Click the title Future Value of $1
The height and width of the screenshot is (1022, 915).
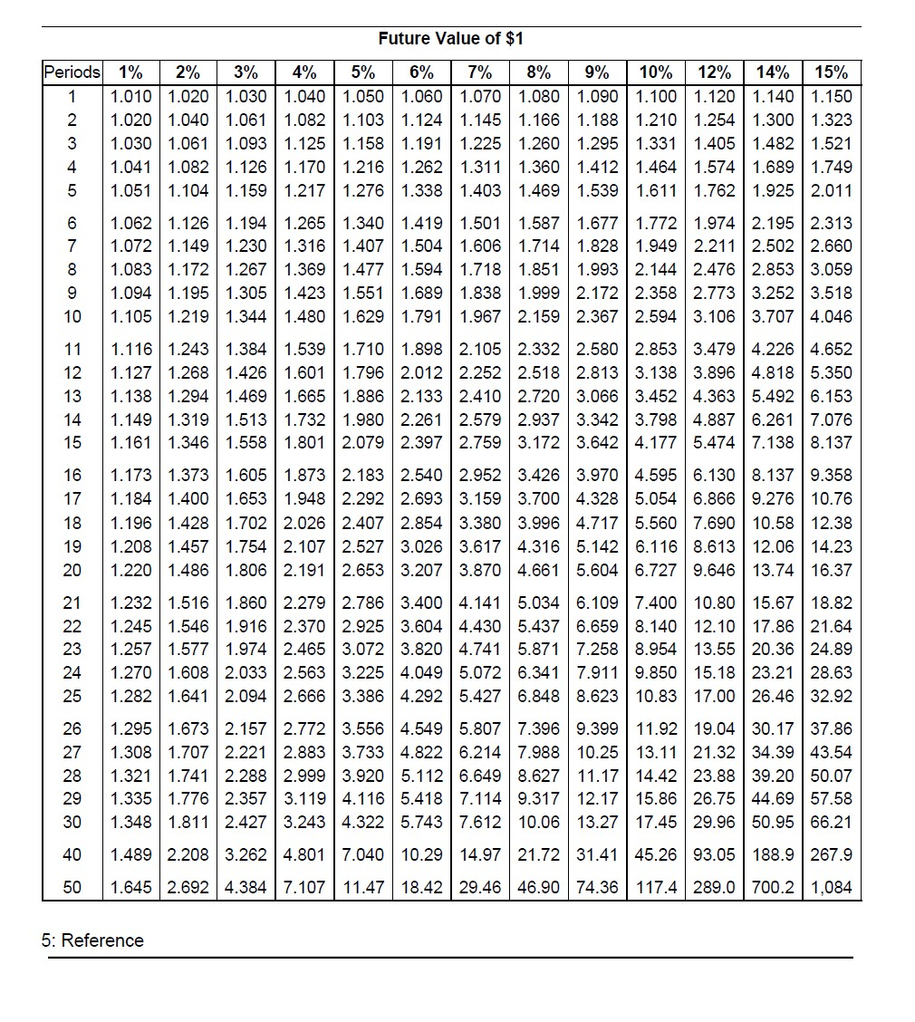[450, 39]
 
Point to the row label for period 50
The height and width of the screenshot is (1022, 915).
[72, 887]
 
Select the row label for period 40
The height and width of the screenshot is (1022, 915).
[72, 854]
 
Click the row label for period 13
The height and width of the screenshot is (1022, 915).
[72, 396]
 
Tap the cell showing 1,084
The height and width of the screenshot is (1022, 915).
[832, 887]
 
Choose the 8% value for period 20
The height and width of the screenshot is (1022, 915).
[540, 570]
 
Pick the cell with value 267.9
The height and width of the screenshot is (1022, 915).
[832, 854]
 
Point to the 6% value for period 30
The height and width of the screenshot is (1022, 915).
[422, 822]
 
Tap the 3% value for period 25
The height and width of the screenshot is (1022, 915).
[247, 697]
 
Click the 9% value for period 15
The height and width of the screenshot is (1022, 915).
[598, 443]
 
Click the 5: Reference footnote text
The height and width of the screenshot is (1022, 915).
[92, 940]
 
